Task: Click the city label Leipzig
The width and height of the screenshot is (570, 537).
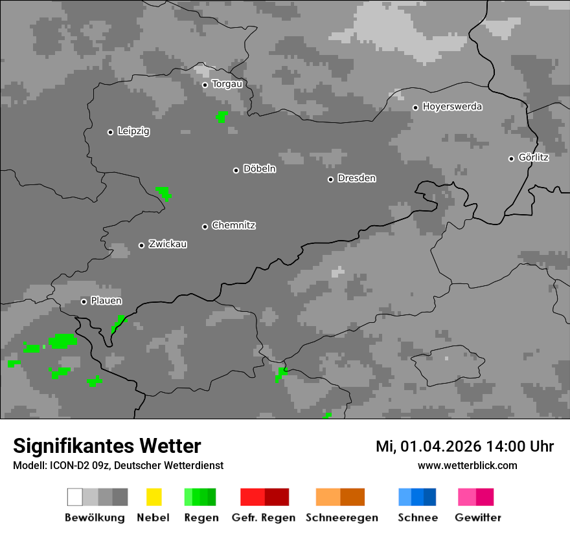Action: (133, 131)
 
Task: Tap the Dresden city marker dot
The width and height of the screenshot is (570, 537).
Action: (330, 179)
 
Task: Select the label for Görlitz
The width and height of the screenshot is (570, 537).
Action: (534, 157)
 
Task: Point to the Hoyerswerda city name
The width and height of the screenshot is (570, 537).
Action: (452, 107)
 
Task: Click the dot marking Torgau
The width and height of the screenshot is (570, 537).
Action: (205, 85)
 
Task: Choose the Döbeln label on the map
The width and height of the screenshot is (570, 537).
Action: (259, 169)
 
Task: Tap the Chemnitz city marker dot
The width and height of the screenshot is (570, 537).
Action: (205, 226)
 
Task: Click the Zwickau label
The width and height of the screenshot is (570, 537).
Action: (168, 245)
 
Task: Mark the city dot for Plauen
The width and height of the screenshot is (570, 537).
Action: (84, 301)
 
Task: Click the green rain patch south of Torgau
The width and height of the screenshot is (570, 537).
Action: (222, 116)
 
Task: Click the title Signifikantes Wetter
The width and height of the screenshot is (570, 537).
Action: (107, 446)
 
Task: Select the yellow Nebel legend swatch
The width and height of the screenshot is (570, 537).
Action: (154, 497)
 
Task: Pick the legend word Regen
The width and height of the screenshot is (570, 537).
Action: (200, 518)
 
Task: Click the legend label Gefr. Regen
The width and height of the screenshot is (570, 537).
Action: (264, 518)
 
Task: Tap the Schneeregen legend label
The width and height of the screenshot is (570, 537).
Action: (341, 518)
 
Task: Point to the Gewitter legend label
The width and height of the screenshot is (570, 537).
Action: (478, 518)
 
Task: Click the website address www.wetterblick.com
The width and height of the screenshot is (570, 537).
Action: (468, 466)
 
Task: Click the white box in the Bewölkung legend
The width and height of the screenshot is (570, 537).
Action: (75, 497)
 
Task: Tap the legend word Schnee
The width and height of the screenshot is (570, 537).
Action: (418, 518)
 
